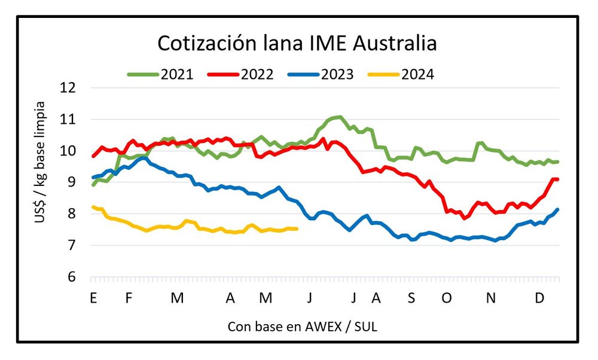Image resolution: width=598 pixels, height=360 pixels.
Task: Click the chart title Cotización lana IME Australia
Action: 297,44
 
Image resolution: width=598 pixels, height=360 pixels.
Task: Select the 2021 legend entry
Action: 160,75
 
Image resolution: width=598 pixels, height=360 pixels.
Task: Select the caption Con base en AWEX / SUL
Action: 303,327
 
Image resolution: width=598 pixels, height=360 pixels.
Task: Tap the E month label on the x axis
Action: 93,298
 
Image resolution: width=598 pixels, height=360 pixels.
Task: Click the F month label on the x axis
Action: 128,298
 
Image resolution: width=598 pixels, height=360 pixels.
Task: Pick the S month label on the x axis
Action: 411,298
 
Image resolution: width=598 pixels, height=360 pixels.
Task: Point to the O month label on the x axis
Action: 447,298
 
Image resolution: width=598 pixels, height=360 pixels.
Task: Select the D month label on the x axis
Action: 539,298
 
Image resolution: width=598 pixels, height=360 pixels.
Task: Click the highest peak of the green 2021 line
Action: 340,117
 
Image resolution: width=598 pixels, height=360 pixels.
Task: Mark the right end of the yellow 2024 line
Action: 297,228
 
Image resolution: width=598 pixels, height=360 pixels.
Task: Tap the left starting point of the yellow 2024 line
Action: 93,207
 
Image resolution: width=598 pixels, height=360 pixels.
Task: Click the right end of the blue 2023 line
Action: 558,209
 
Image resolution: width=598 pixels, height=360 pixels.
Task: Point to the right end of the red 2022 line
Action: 558,179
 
